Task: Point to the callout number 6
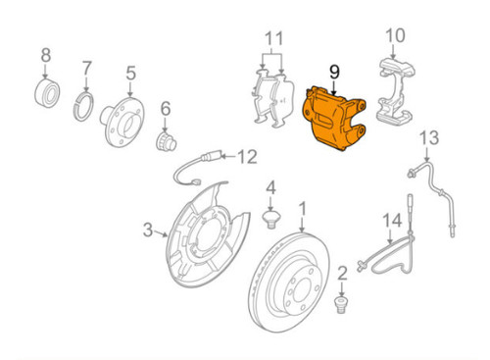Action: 166,108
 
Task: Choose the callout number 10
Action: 394,38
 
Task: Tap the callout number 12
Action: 246,154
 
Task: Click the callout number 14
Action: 392,221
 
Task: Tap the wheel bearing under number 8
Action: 47,93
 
